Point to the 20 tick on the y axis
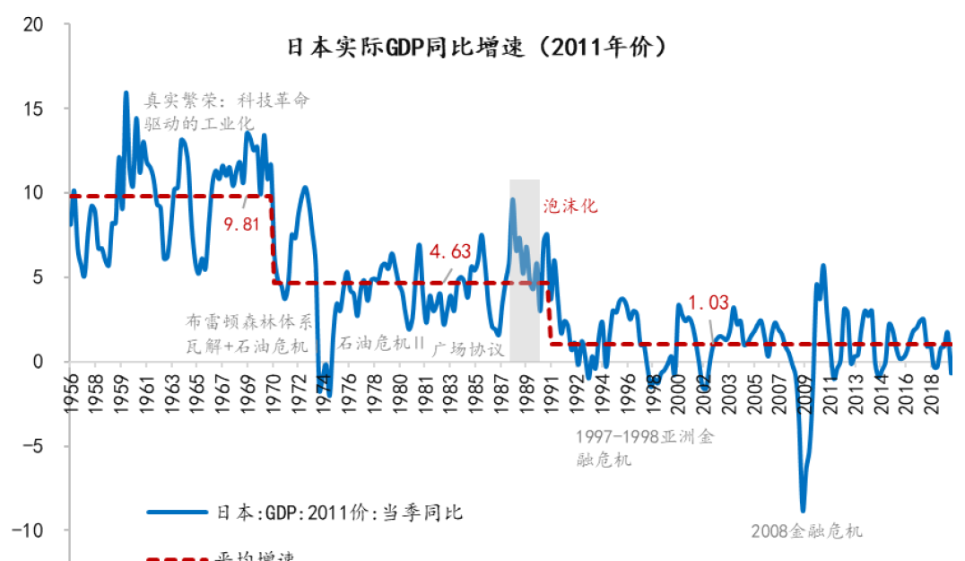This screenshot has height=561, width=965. coord(34,24)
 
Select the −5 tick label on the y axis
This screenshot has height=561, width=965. coord(31,446)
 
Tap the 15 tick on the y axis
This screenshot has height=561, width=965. coord(34,109)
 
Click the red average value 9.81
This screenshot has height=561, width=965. coord(242,224)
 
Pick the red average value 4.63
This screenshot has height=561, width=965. coord(449,251)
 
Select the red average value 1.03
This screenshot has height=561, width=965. coord(709,302)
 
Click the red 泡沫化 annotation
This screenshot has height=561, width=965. coord(569,206)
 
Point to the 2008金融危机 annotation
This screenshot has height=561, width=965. coord(806,530)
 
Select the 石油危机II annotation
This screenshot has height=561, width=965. coord(381,343)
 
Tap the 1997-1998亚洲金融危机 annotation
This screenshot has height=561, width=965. coord(646,448)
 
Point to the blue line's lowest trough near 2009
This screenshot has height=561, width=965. coord(803,509)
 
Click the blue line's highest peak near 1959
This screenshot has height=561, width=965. coord(126,92)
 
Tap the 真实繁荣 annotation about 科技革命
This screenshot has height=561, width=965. coord(226,110)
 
